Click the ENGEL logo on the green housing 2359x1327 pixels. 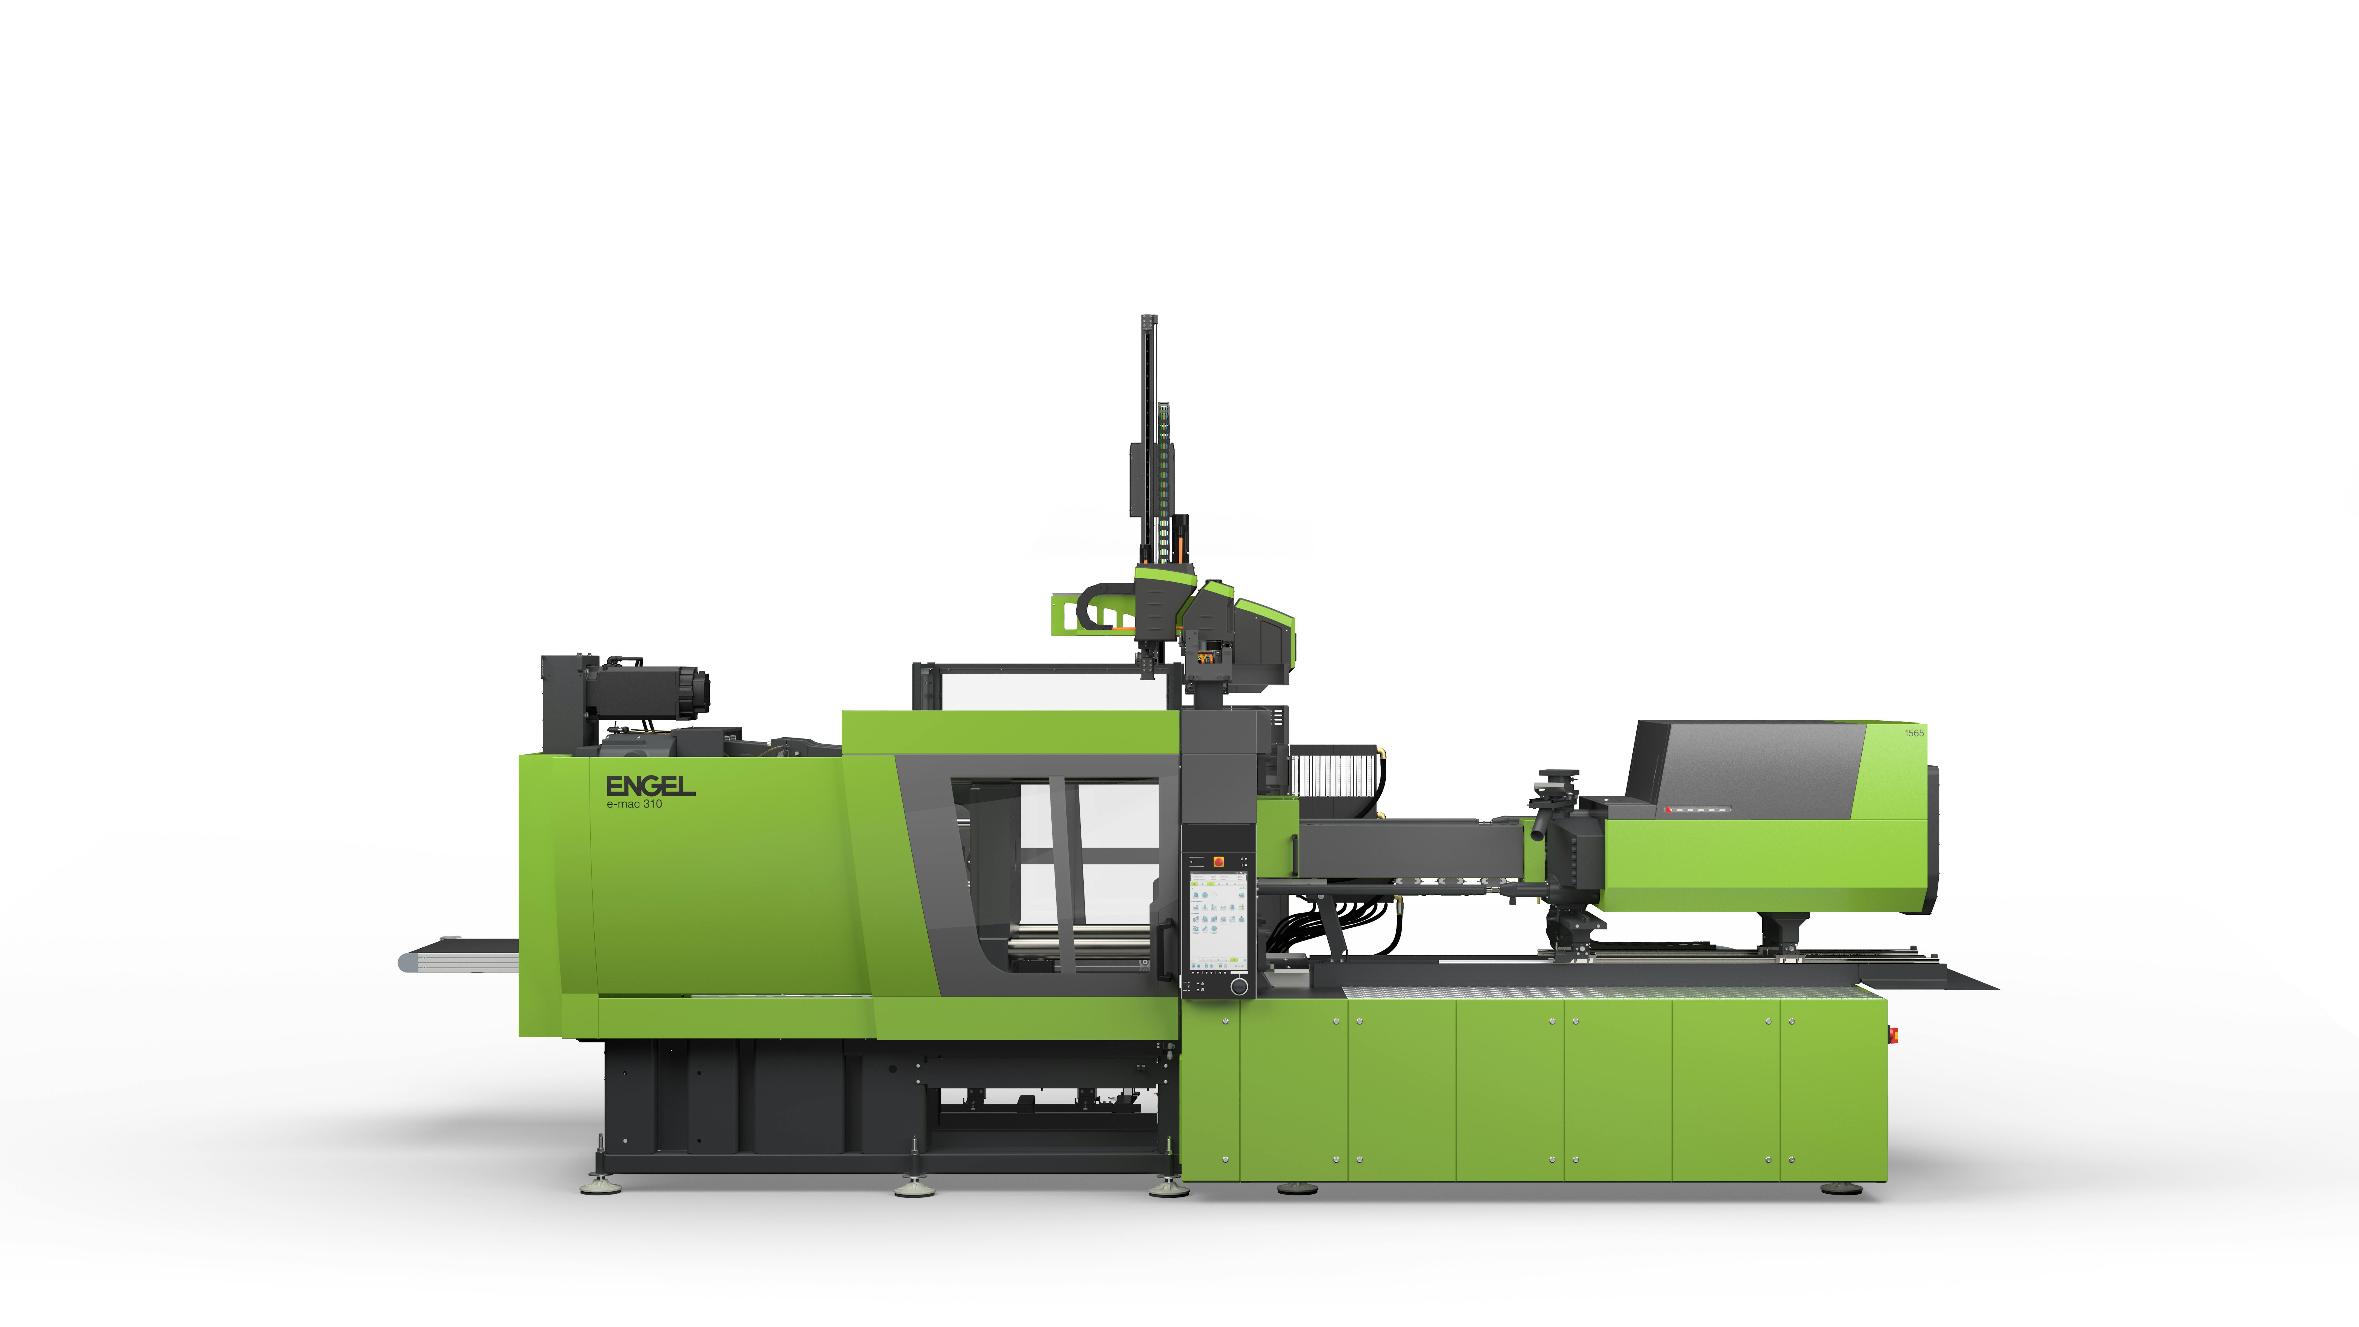pyautogui.click(x=650, y=786)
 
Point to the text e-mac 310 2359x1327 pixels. pyautogui.click(x=634, y=804)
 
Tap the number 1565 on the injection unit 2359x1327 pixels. pyautogui.click(x=1914, y=733)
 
